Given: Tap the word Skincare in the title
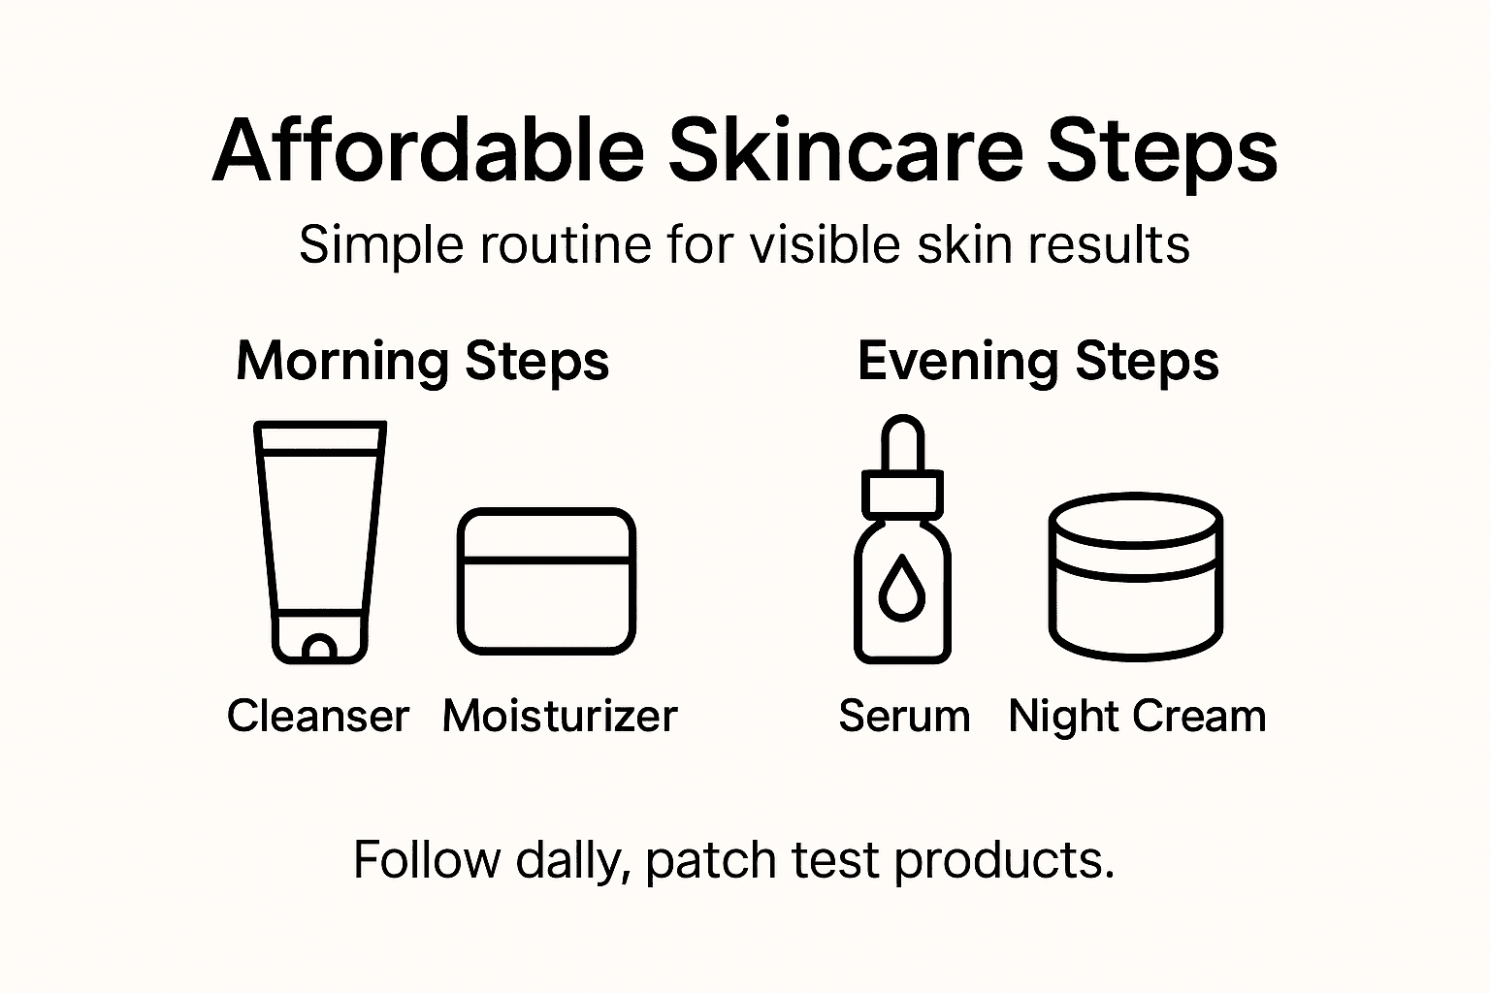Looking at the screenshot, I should (845, 151).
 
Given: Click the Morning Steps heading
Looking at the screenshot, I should (423, 362).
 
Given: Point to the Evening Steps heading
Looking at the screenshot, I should (1038, 362).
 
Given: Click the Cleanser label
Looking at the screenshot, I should (318, 717).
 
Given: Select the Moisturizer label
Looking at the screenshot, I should (560, 717).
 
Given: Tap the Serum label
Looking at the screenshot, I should (904, 717).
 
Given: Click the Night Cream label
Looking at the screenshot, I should (1137, 717).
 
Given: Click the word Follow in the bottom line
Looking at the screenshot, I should (426, 860).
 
